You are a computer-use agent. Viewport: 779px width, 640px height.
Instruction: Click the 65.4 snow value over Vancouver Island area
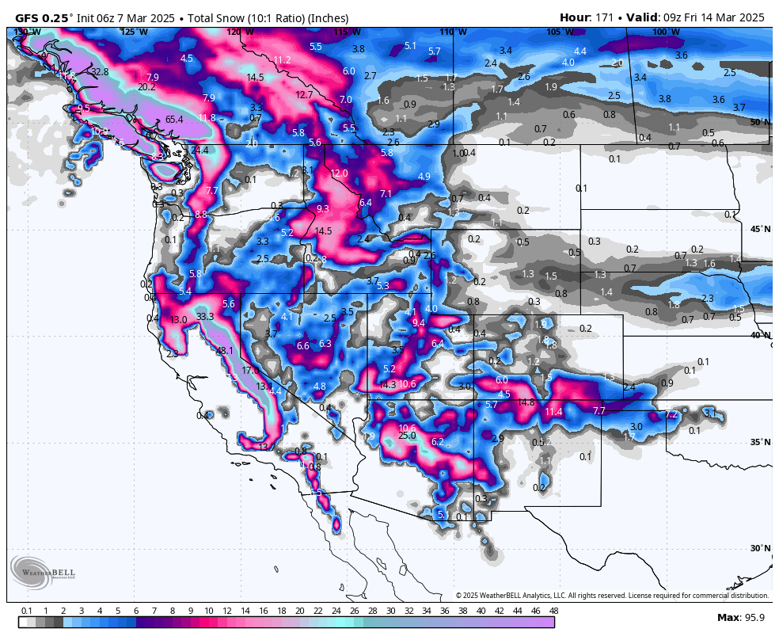click(174, 120)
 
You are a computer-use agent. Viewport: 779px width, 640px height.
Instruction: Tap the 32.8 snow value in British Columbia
click(99, 72)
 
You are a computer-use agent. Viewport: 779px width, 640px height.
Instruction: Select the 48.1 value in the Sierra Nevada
click(225, 351)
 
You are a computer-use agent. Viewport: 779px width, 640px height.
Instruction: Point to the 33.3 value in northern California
click(205, 316)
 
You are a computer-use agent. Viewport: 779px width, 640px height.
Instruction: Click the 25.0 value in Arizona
click(407, 436)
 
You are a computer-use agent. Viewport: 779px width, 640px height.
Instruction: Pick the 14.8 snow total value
click(526, 402)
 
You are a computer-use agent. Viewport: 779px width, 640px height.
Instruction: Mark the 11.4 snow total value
click(553, 411)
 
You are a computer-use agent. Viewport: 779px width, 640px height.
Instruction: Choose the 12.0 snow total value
click(339, 173)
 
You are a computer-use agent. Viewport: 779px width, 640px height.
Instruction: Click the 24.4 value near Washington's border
click(199, 150)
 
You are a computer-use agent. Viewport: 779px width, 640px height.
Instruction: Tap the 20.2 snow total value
click(146, 87)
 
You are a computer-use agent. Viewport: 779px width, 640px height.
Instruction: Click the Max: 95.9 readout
click(740, 617)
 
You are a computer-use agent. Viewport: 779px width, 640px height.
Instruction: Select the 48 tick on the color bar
click(553, 611)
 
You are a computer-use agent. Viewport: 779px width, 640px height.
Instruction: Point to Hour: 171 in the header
click(587, 17)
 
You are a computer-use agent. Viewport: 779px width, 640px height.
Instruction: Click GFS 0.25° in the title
click(45, 17)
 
